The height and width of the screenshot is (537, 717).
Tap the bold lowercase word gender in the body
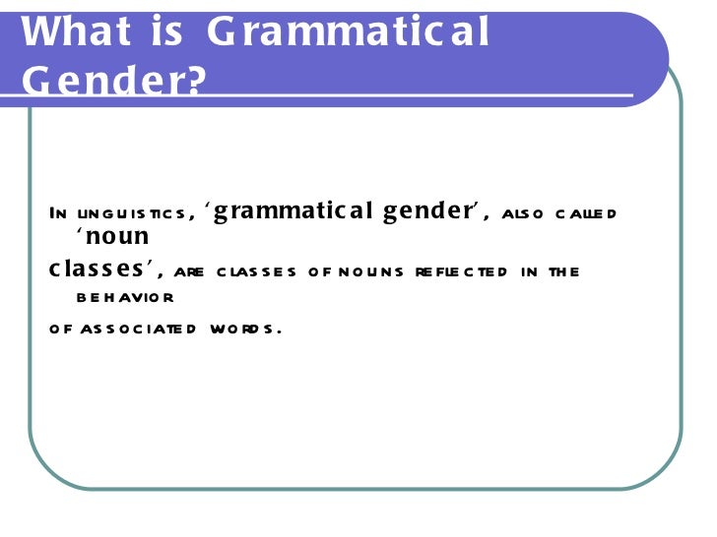(431, 211)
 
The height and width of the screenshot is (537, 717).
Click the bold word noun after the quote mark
(117, 237)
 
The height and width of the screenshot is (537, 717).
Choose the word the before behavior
(564, 272)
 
